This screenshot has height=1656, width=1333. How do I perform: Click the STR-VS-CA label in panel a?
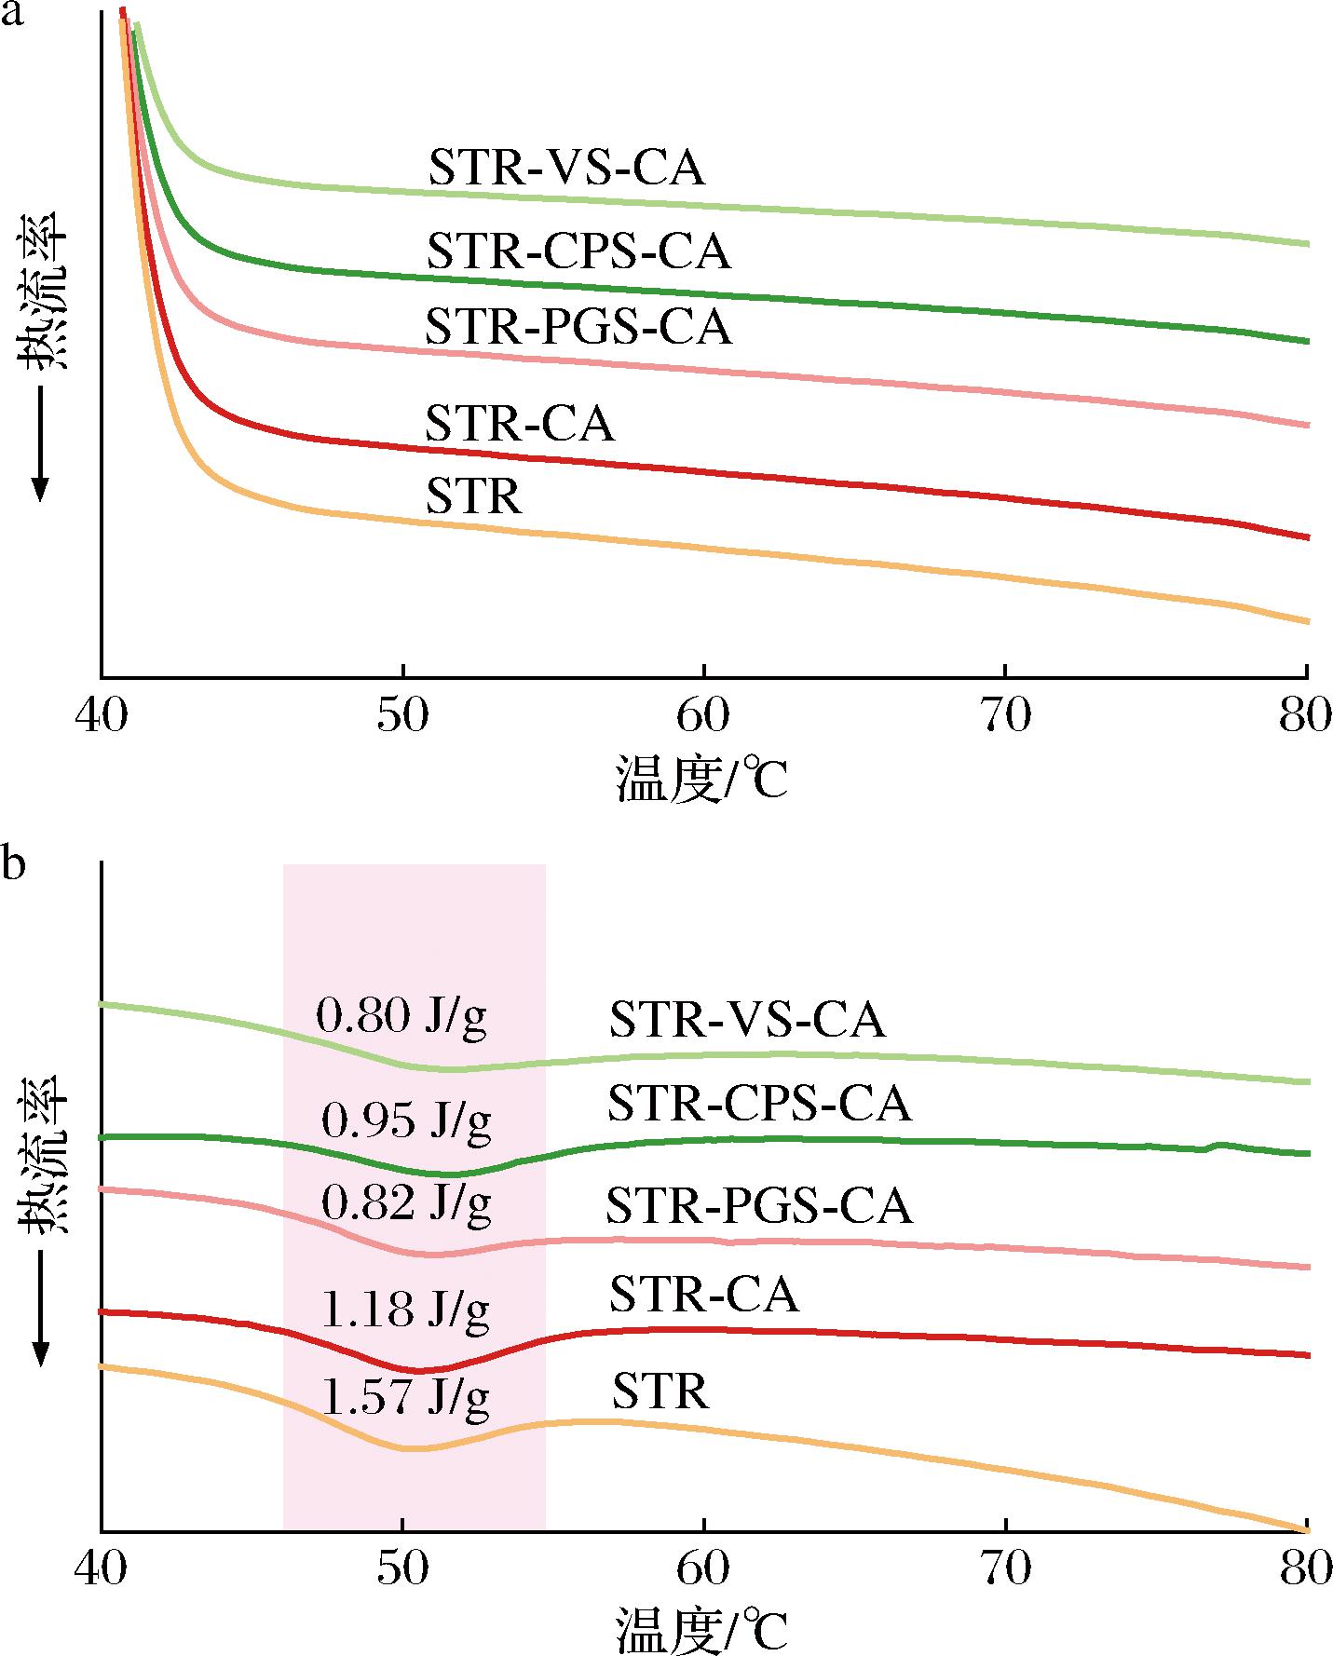click(565, 170)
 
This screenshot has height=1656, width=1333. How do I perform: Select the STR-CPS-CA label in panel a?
click(578, 251)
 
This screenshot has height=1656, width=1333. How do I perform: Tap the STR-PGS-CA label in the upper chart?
click(578, 327)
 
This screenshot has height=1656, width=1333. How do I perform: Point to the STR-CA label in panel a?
click(520, 424)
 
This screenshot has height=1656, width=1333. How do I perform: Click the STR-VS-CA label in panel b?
click(747, 1020)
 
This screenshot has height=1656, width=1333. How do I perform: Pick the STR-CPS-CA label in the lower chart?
click(759, 1105)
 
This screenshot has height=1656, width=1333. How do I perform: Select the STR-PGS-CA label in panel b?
click(759, 1206)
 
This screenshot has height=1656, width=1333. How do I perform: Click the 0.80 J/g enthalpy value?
click(401, 1016)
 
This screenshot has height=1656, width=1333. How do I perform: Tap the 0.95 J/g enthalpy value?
click(406, 1120)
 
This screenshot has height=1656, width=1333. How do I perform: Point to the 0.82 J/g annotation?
click(406, 1204)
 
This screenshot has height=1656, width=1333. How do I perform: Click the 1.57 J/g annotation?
click(405, 1397)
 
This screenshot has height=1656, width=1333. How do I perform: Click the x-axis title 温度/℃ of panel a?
click(701, 780)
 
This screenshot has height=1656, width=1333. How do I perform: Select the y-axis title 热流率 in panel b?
click(44, 1155)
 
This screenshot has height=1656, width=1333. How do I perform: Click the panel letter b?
click(13, 865)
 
